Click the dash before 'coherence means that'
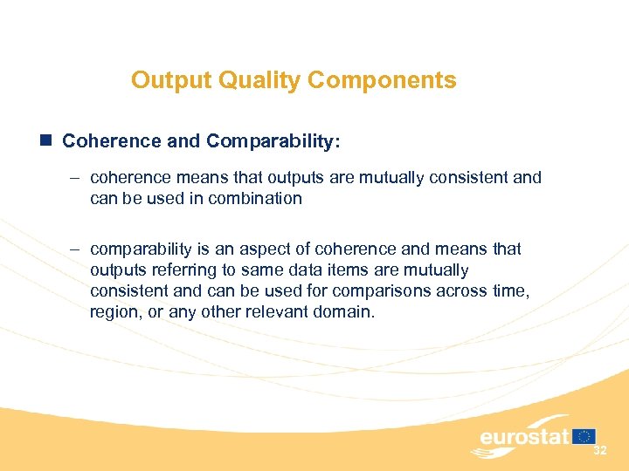click(75, 178)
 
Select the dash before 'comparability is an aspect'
click(75, 249)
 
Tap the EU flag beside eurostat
click(584, 435)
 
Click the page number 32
click(600, 451)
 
